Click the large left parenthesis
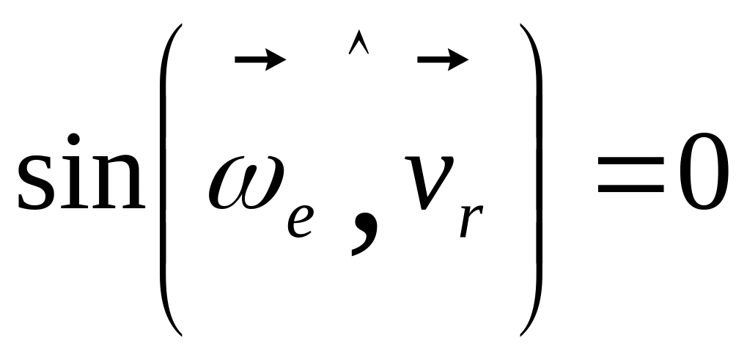[166, 180]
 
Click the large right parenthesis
[533, 180]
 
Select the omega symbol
[246, 180]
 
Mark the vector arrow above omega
[260, 60]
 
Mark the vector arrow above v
[442, 60]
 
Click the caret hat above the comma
[357, 46]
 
